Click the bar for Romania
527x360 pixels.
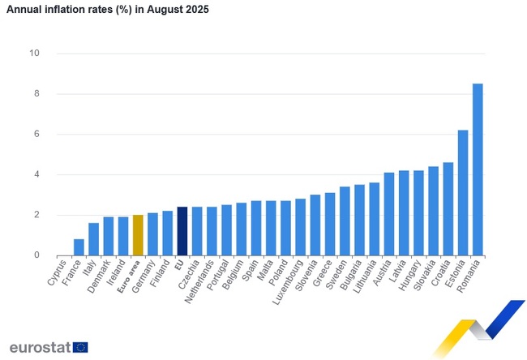478,169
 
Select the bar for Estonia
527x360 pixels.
463,193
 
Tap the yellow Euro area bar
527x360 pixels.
138,235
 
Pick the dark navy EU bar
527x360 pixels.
182,231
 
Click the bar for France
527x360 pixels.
79,247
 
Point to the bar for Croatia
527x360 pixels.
448,209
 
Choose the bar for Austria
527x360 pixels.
389,214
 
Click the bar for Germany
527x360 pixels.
152,234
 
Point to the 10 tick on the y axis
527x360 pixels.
35,54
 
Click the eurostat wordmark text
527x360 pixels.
39,347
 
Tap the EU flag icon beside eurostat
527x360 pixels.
79,347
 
